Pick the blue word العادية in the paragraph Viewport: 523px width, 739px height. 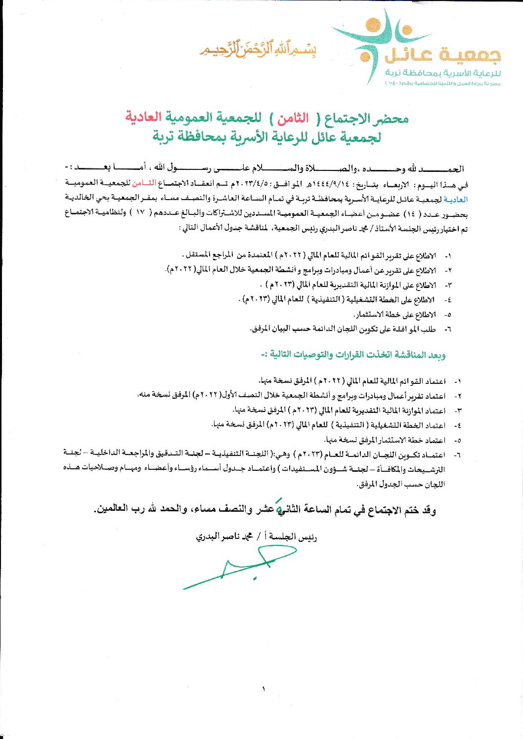[x=457, y=199]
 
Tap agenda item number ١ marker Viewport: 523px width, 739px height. [x=448, y=256]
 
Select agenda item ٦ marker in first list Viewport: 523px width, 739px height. [x=448, y=328]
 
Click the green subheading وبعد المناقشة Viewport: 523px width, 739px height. [x=353, y=354]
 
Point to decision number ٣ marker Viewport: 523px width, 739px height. [x=457, y=411]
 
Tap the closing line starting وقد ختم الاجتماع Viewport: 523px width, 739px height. [x=265, y=509]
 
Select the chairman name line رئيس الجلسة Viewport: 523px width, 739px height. [x=257, y=536]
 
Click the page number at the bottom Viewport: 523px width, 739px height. [x=263, y=689]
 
